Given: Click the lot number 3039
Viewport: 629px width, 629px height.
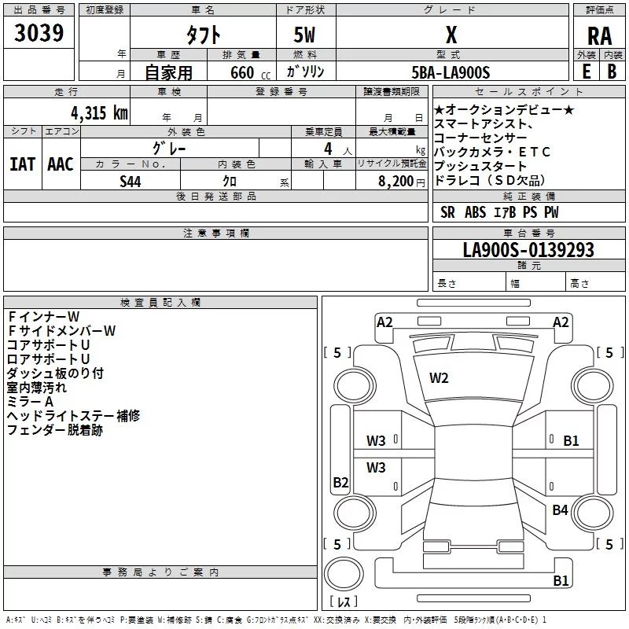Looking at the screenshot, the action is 39,33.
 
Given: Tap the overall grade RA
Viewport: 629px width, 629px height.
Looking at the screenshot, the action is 599,36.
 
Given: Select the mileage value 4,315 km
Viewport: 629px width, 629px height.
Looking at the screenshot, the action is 99,113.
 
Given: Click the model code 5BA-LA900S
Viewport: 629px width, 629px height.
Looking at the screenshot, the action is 451,72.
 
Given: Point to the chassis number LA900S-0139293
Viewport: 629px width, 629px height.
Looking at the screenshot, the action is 528,250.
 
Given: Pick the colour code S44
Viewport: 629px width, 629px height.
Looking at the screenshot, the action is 131,182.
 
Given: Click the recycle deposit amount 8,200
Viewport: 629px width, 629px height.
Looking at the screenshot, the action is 396,182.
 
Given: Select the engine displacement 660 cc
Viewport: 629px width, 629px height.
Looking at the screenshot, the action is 250,73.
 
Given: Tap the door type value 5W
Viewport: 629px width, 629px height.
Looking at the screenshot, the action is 304,35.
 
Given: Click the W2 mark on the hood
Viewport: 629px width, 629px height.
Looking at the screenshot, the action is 439,378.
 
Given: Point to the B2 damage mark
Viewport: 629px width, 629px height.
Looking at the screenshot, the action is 340,482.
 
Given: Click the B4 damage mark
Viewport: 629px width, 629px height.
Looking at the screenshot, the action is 560,509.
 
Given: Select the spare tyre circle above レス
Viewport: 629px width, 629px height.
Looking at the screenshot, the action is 344,573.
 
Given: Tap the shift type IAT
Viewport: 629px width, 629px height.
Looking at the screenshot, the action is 23,164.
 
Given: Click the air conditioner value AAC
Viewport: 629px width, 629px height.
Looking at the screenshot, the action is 61,164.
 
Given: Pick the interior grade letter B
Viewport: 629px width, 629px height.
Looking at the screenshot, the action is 612,72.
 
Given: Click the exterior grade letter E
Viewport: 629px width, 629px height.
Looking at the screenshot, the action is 587,72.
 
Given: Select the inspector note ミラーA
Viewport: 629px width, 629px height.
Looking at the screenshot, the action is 30,402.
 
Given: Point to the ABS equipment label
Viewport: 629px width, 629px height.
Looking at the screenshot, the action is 475,212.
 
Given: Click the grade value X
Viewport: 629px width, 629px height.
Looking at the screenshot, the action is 451,35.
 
